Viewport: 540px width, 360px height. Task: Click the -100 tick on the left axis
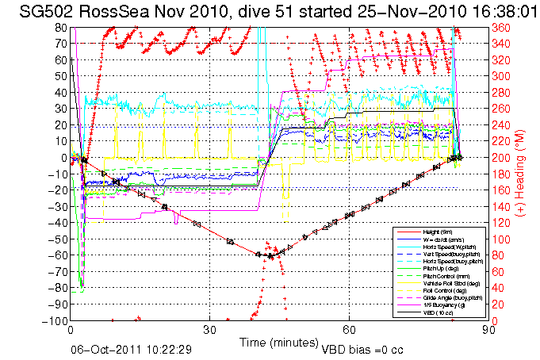56,321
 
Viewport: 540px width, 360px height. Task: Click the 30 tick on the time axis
210,331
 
